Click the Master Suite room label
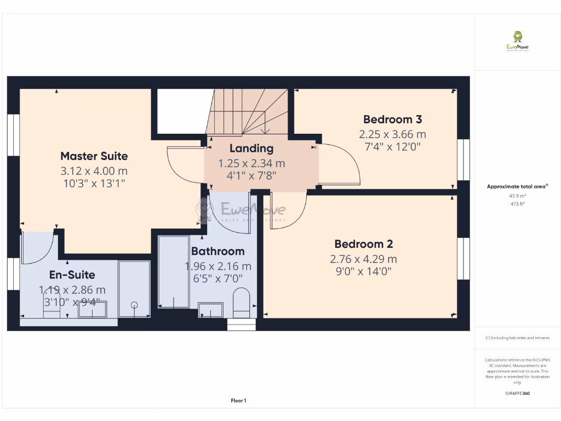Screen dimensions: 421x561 (94, 156)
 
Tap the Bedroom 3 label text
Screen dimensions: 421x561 (392, 120)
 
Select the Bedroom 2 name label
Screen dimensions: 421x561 (363, 244)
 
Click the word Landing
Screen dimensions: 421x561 (251, 149)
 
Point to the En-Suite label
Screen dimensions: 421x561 (72, 275)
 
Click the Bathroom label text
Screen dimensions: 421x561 (217, 252)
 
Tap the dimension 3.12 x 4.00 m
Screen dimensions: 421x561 (94, 171)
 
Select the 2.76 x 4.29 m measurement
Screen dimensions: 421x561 (363, 259)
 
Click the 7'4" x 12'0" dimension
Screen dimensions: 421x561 (392, 147)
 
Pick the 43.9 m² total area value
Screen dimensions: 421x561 (517, 196)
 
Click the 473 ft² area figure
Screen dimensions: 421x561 (517, 203)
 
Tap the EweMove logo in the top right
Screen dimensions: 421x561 (517, 41)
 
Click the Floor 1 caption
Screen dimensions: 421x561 (238, 401)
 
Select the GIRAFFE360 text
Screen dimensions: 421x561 (517, 394)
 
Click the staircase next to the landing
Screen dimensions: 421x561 (249, 112)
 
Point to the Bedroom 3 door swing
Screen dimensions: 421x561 (340, 164)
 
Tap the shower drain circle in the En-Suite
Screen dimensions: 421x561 (135, 305)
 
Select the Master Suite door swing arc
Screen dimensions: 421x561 (184, 167)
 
